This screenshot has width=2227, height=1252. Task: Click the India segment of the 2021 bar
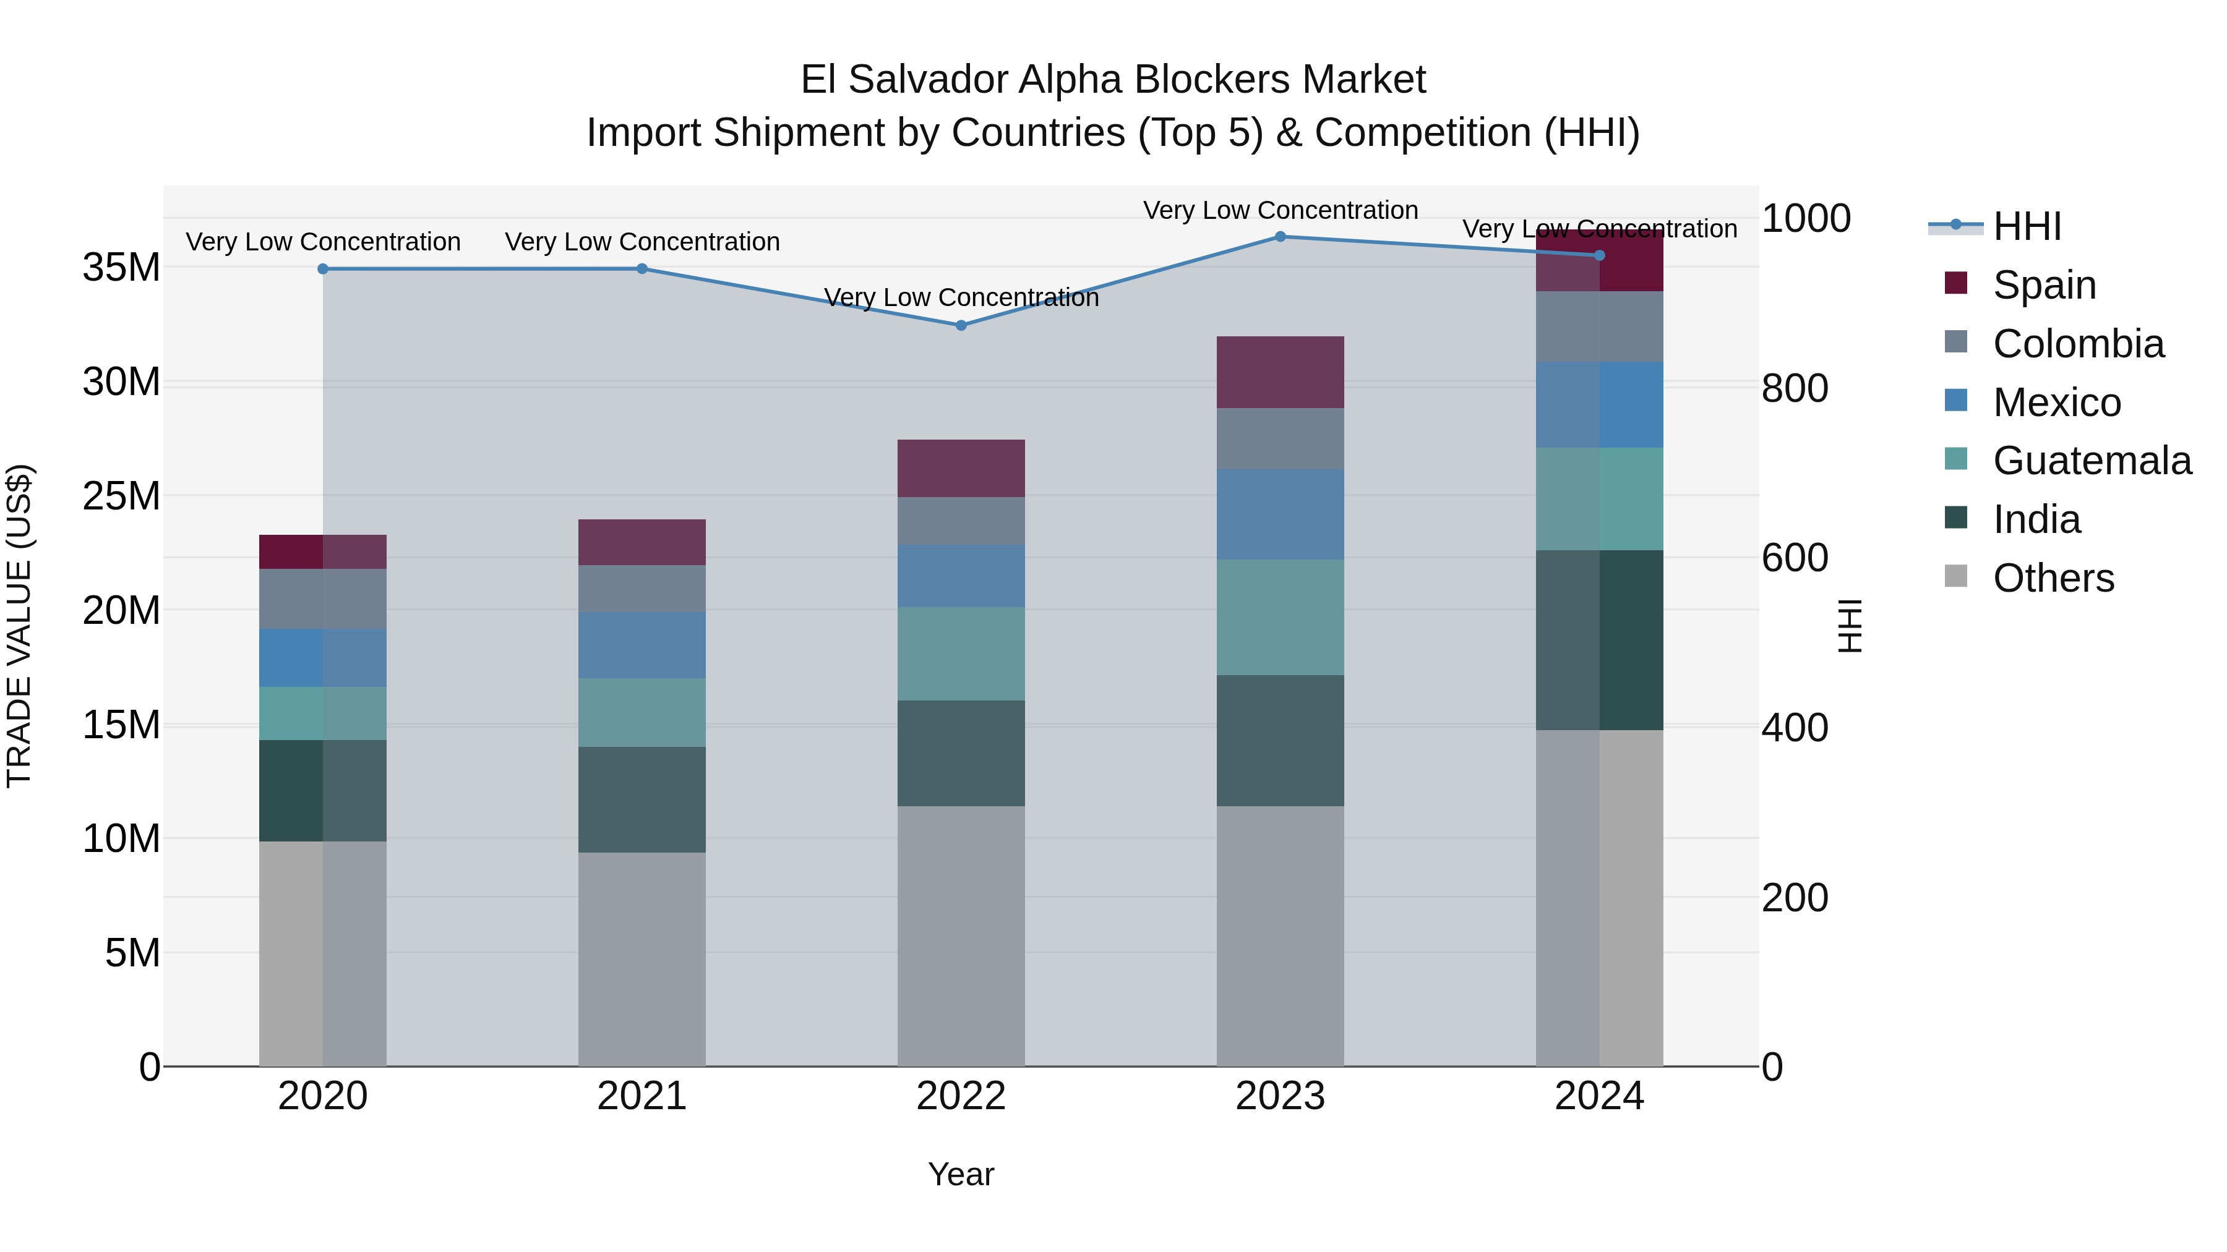pyautogui.click(x=641, y=800)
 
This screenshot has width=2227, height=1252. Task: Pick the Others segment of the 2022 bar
pyautogui.click(x=961, y=937)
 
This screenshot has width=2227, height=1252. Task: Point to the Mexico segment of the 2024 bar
pyautogui.click(x=1599, y=405)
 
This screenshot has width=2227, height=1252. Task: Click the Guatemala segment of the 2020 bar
pyautogui.click(x=322, y=713)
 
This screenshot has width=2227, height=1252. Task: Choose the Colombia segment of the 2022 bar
pyautogui.click(x=961, y=521)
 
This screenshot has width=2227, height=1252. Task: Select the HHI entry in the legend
pyautogui.click(x=2027, y=226)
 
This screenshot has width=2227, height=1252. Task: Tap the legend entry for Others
pyautogui.click(x=2053, y=578)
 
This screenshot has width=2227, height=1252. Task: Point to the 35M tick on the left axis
pyautogui.click(x=121, y=268)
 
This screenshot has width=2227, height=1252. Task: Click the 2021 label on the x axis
pyautogui.click(x=641, y=1096)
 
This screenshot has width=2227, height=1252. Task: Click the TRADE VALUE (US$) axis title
pyautogui.click(x=19, y=626)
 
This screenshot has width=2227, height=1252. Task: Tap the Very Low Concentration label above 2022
pyautogui.click(x=961, y=297)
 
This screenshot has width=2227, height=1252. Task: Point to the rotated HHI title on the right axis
pyautogui.click(x=1849, y=626)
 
